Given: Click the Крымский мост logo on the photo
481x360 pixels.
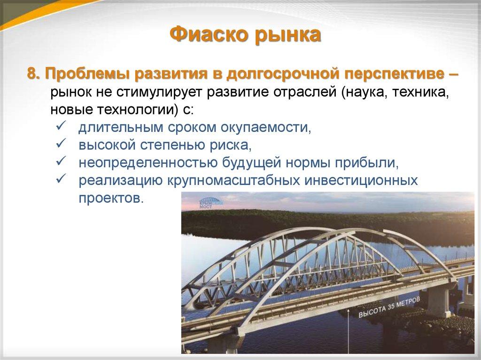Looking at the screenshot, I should [x=211, y=202].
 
